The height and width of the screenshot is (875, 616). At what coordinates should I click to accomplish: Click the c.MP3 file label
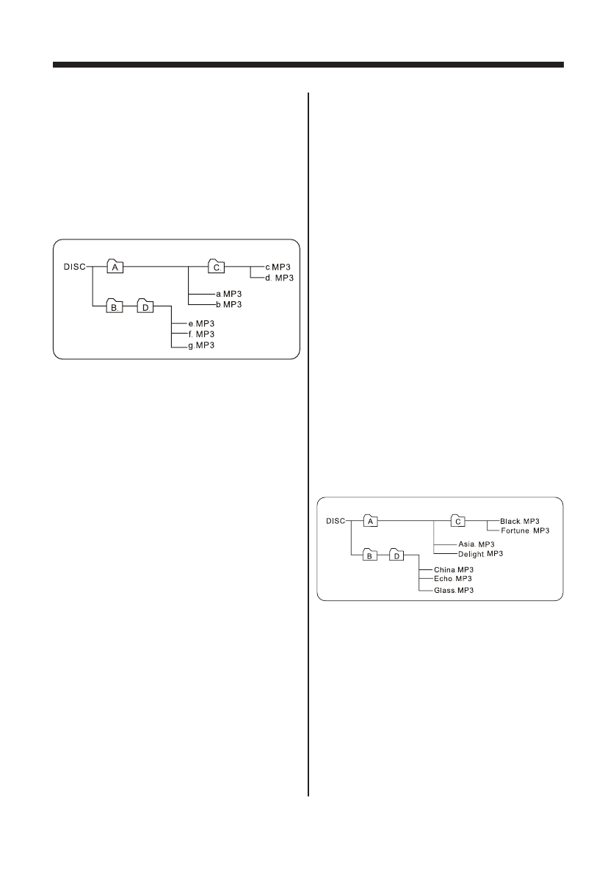click(x=278, y=267)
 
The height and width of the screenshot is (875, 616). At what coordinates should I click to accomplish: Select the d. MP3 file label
click(x=279, y=277)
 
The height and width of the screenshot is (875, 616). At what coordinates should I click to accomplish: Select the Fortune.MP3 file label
click(x=526, y=530)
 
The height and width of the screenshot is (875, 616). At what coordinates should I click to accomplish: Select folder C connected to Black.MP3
click(x=458, y=521)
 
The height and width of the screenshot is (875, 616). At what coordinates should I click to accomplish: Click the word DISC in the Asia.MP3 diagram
click(x=336, y=521)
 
